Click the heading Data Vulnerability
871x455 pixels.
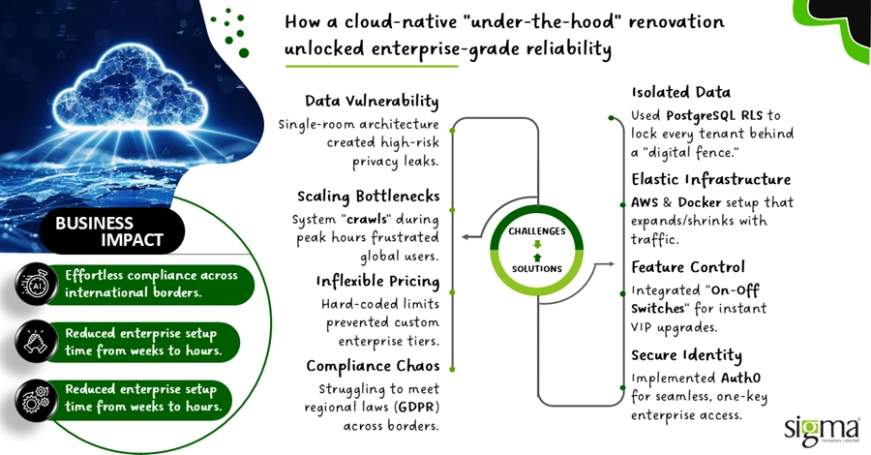[x=372, y=102]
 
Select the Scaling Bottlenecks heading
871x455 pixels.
[x=368, y=195]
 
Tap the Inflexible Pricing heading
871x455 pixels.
[x=377, y=282]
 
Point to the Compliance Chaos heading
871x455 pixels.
[x=373, y=366]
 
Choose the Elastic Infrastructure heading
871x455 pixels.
[x=711, y=180]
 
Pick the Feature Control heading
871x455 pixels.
[x=688, y=266]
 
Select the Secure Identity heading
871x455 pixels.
[x=687, y=355]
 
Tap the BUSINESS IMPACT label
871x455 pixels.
[x=107, y=230]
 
